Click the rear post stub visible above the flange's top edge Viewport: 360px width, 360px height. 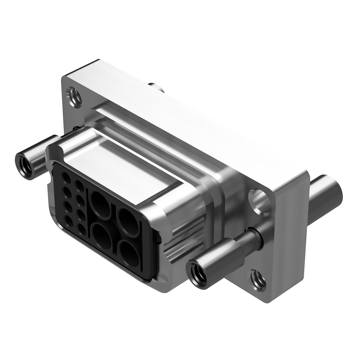coord(157,88)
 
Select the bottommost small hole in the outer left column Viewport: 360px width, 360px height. coord(69,221)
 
